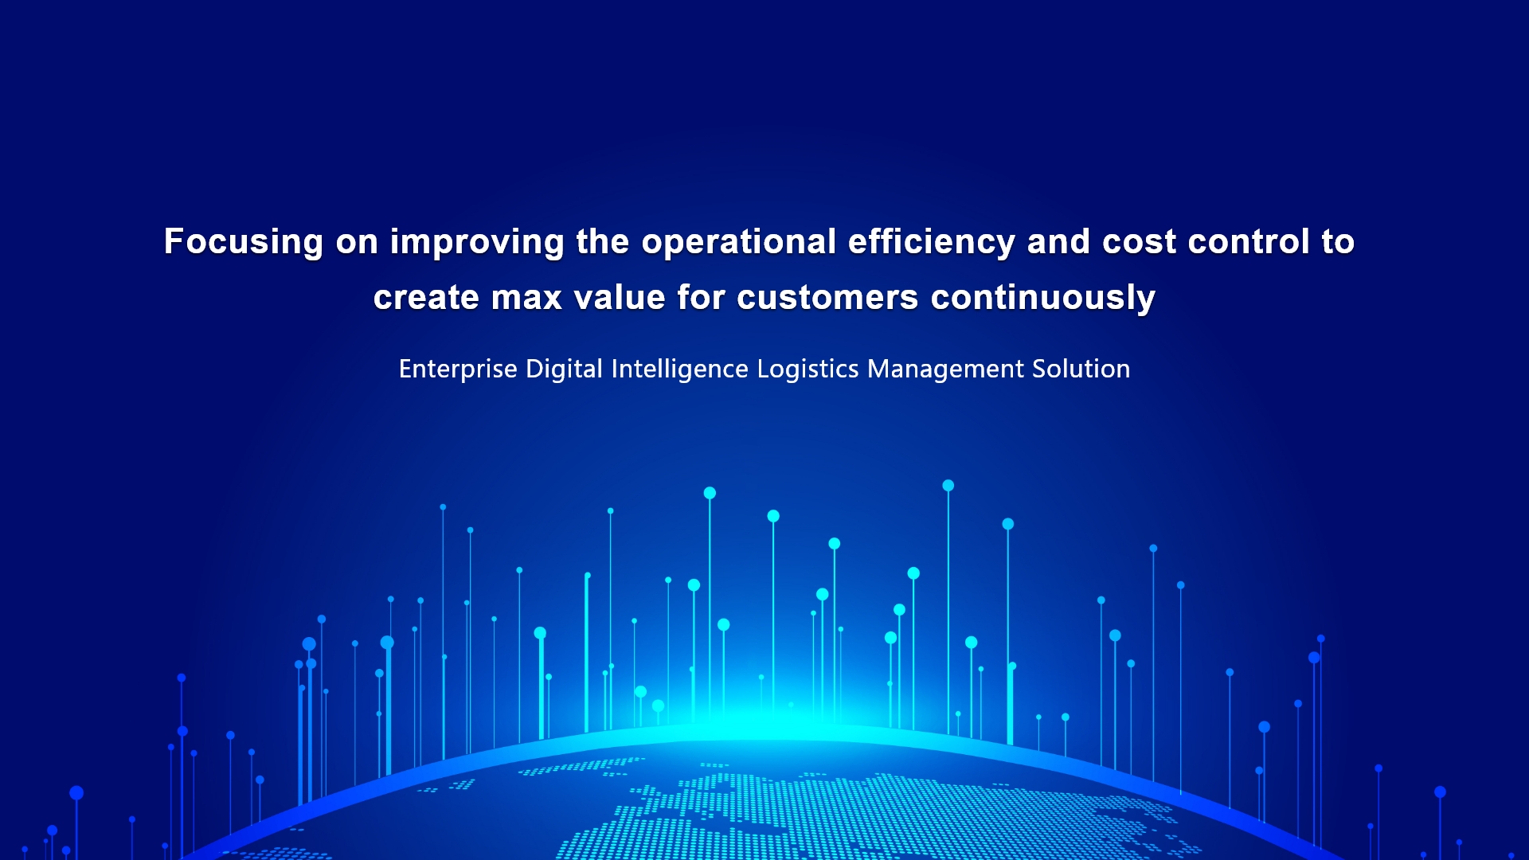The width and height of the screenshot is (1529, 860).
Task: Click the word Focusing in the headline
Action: click(244, 242)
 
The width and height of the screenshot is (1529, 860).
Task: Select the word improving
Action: click(477, 242)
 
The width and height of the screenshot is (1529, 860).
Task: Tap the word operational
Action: click(739, 242)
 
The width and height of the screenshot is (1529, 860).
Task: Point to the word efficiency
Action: click(932, 242)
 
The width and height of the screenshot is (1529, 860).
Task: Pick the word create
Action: click(426, 298)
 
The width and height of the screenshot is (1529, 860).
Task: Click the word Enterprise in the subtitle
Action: click(458, 369)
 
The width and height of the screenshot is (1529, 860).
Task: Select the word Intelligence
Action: click(680, 369)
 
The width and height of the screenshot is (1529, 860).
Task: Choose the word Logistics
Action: click(808, 369)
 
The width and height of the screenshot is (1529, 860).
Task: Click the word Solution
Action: click(1081, 369)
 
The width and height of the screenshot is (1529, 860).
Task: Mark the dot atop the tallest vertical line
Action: click(948, 486)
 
